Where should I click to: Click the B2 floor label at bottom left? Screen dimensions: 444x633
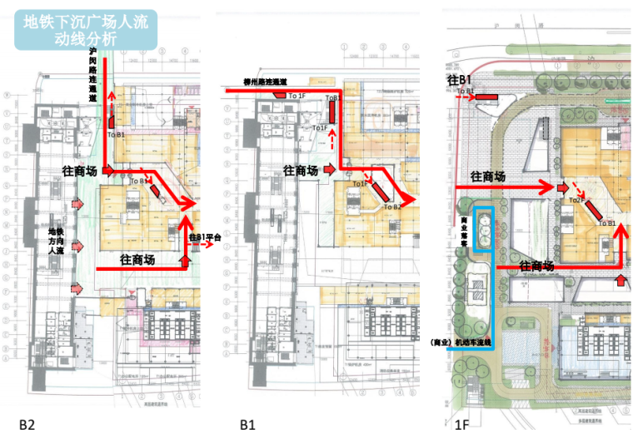click(x=27, y=425)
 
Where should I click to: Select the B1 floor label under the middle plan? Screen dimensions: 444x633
click(x=247, y=425)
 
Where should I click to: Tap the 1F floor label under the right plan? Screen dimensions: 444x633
click(x=463, y=425)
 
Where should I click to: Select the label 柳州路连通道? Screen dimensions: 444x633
click(x=265, y=82)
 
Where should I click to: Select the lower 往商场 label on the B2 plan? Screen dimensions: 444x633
click(x=137, y=259)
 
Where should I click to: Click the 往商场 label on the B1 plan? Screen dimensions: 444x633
click(x=300, y=170)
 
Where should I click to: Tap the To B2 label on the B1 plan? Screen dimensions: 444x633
click(x=391, y=206)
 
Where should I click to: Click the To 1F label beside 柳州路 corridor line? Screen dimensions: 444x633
click(x=296, y=97)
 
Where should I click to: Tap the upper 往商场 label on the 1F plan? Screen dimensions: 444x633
click(x=488, y=177)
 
